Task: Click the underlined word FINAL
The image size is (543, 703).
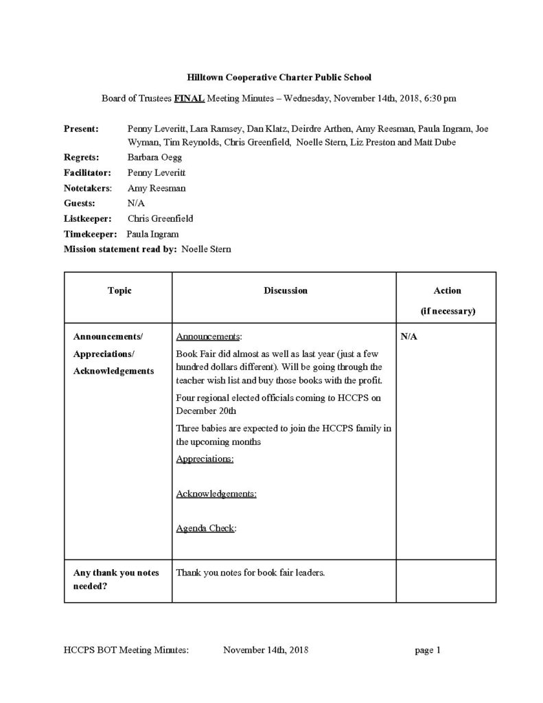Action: pyautogui.click(x=189, y=98)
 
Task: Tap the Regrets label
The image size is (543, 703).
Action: pyautogui.click(x=81, y=158)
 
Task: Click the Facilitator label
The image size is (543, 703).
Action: pyautogui.click(x=86, y=173)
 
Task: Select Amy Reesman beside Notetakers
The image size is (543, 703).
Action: pyautogui.click(x=157, y=188)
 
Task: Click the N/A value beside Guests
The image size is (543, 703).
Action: pyautogui.click(x=135, y=203)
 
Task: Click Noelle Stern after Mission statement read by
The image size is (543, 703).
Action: pyautogui.click(x=206, y=249)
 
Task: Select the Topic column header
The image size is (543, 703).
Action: pyautogui.click(x=119, y=290)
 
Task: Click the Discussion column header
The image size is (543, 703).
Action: pyautogui.click(x=285, y=290)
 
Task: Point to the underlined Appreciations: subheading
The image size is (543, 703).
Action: pyautogui.click(x=205, y=459)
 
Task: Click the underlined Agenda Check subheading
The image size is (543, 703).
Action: pyautogui.click(x=206, y=529)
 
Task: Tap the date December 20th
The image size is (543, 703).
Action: pyautogui.click(x=206, y=411)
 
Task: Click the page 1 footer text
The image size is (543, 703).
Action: pyautogui.click(x=427, y=650)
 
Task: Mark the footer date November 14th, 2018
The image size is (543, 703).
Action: pyautogui.click(x=266, y=650)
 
